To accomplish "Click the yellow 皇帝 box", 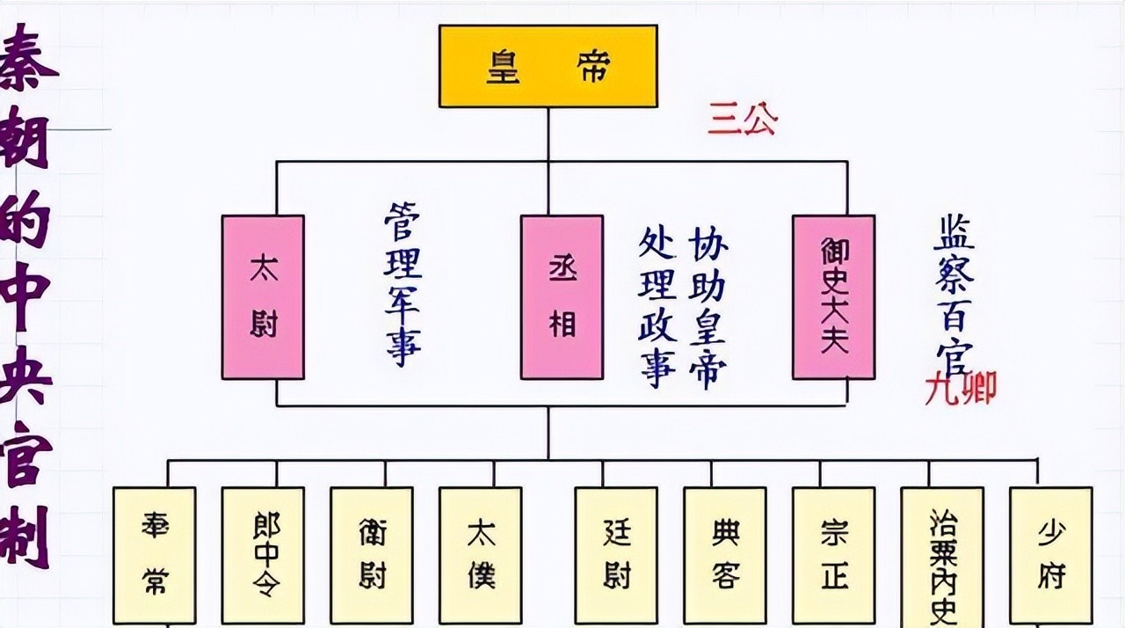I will pyautogui.click(x=548, y=66).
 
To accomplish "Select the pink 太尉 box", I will pyautogui.click(x=263, y=297).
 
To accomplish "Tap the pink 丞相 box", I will pyautogui.click(x=562, y=297).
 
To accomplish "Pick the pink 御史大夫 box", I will pyautogui.click(x=833, y=297).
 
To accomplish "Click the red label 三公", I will pyautogui.click(x=742, y=120).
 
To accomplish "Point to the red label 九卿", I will pyautogui.click(x=960, y=388).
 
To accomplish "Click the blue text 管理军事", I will pyautogui.click(x=403, y=284).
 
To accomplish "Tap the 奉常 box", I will pyautogui.click(x=155, y=555).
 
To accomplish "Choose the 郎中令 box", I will pyautogui.click(x=263, y=555).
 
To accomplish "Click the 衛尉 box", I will pyautogui.click(x=372, y=555).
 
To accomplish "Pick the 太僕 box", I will pyautogui.click(x=481, y=555).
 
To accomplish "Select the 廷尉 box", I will pyautogui.click(x=616, y=555).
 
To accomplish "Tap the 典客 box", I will pyautogui.click(x=725, y=555).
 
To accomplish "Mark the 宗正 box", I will pyautogui.click(x=833, y=555).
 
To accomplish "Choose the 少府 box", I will pyautogui.click(x=1050, y=555).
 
